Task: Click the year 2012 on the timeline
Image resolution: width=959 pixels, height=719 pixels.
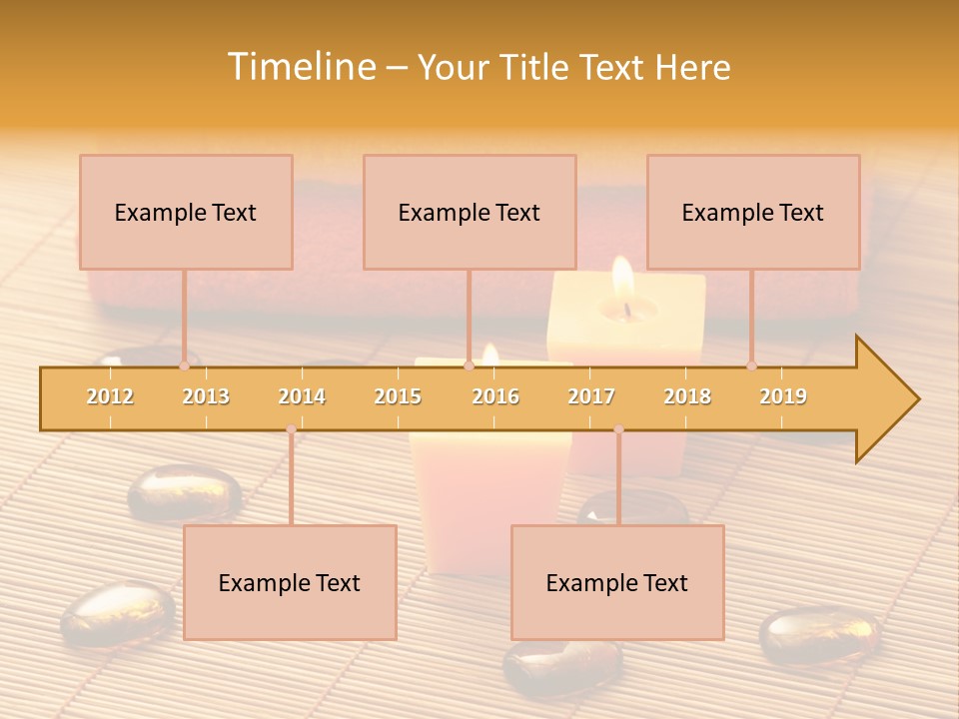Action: coord(110,396)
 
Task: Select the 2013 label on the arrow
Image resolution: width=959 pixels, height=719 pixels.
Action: coord(206,396)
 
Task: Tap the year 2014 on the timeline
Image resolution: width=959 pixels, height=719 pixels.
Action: coord(302,396)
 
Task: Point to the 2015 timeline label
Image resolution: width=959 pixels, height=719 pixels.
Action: coord(398,396)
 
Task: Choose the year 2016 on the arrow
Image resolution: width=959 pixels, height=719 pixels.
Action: coord(495,396)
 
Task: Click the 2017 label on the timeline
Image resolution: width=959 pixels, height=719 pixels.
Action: coord(591,396)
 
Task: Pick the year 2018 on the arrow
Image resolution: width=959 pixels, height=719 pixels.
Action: coord(687,396)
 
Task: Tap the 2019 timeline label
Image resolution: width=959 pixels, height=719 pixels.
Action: coord(783,396)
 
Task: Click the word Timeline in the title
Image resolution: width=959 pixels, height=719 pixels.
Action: coord(300,67)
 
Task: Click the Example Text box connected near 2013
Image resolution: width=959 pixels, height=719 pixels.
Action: coord(186,212)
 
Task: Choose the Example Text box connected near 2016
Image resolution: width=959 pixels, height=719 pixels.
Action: coord(470,212)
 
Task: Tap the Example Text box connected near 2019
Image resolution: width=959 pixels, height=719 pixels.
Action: coord(753,212)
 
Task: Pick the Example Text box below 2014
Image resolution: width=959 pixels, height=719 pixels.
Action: coord(290,582)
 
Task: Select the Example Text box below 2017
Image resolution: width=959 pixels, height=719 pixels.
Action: coord(617,582)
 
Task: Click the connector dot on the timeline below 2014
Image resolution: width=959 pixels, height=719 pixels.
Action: coord(291,429)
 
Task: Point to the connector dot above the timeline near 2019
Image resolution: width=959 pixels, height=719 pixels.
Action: coord(751,365)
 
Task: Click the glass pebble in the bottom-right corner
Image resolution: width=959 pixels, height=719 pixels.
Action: coord(819,635)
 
